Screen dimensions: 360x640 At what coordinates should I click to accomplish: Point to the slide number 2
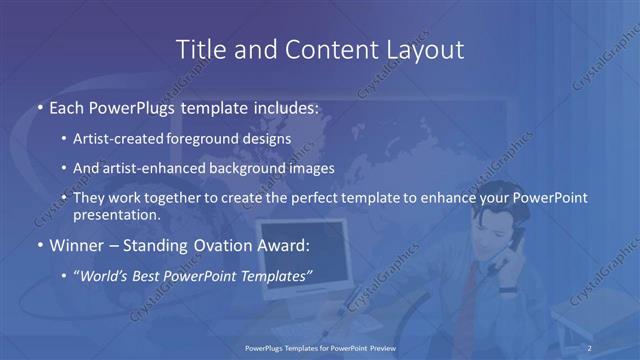pyautogui.click(x=590, y=347)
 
